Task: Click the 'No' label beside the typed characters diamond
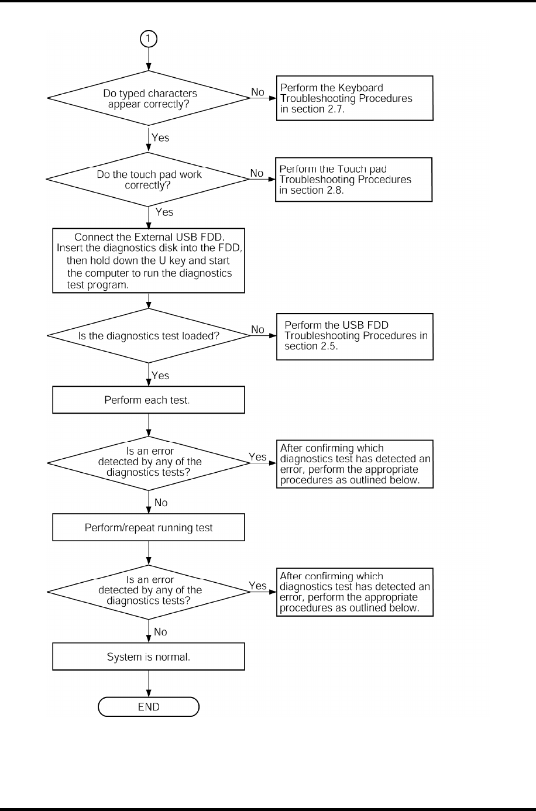point(257,92)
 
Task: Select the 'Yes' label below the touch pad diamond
point(164,212)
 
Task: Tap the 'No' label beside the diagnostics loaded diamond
point(257,329)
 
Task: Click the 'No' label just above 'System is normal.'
point(160,632)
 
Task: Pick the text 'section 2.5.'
point(311,346)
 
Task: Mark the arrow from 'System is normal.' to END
point(149,683)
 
